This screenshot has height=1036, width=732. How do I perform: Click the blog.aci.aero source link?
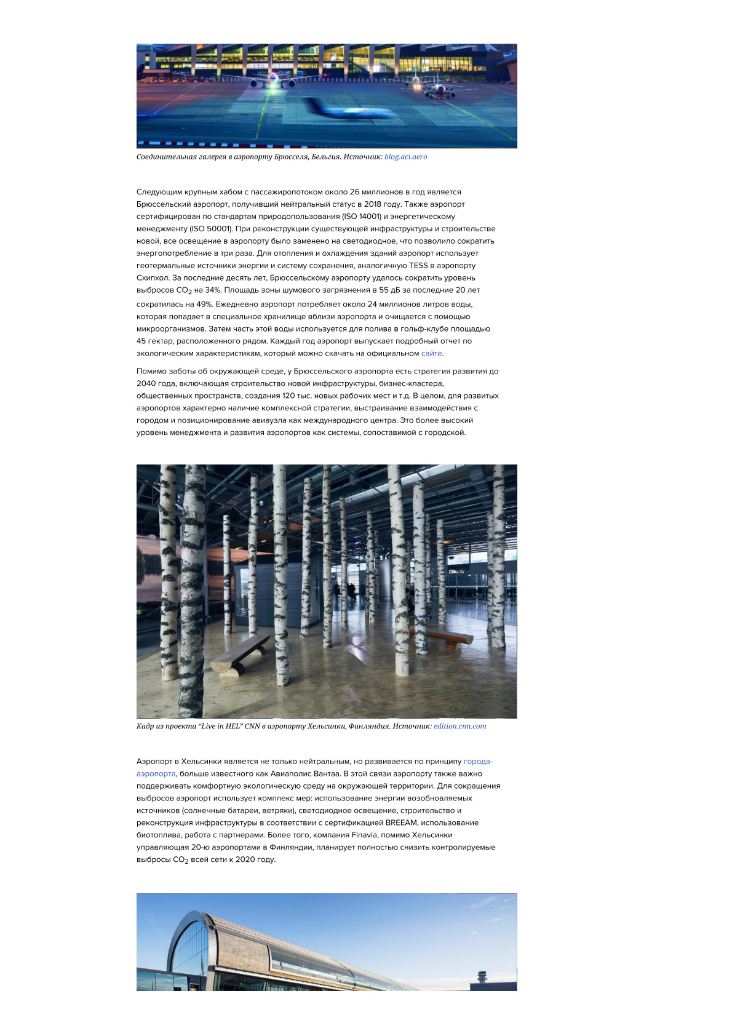(x=405, y=157)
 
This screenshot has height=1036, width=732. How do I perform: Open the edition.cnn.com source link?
(x=459, y=727)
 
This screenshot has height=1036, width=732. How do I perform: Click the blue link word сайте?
(x=431, y=354)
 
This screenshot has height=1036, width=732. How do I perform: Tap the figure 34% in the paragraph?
(x=213, y=290)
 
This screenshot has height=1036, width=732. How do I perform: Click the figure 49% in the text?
(x=204, y=305)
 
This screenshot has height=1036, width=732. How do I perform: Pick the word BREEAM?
(x=401, y=823)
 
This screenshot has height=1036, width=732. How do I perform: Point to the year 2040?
(x=146, y=384)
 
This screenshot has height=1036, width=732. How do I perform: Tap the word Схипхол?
(x=152, y=278)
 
